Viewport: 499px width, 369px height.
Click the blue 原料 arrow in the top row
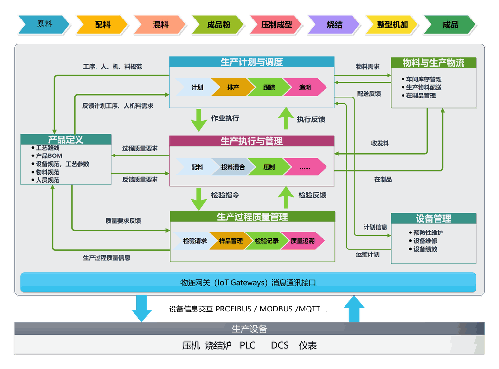coord(44,24)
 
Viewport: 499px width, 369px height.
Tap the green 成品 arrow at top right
coord(450,24)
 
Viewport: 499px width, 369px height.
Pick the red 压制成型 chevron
coord(276,24)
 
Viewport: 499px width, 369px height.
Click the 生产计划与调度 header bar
coord(251,62)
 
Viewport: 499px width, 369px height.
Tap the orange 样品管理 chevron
coord(230,241)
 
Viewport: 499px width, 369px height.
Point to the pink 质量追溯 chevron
coord(303,241)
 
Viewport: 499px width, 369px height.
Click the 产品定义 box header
coord(66,139)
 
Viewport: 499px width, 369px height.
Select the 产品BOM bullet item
coord(47,155)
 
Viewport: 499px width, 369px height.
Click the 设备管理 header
coord(433,218)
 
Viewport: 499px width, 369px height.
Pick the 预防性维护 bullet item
coord(426,233)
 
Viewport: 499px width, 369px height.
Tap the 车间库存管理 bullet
coord(422,79)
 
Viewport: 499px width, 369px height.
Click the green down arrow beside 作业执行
coord(199,120)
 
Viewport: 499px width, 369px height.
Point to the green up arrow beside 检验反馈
coord(286,197)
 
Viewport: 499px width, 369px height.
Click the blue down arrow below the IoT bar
coord(142,309)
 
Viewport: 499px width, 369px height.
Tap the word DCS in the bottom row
coord(280,345)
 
